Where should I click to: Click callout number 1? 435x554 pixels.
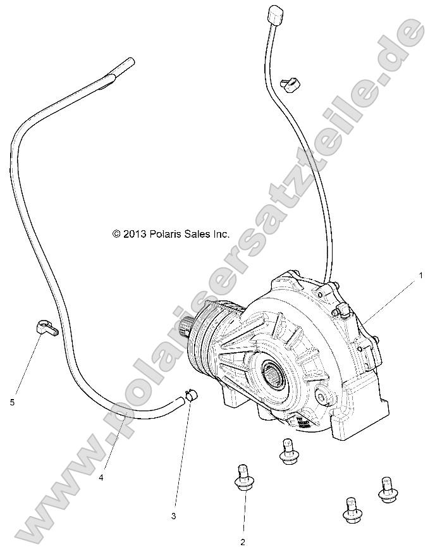418,276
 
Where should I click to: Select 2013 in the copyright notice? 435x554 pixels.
134,234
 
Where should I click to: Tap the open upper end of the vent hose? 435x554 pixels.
128,63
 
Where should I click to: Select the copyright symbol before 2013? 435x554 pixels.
116,234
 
